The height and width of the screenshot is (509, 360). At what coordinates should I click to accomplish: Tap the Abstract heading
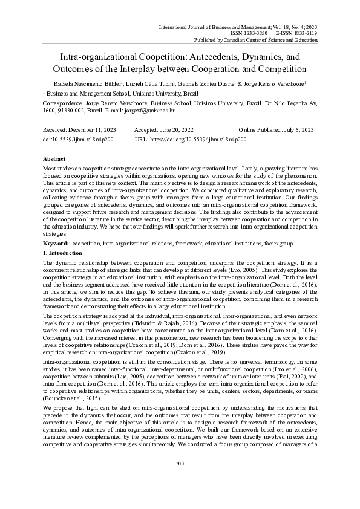coord(56,158)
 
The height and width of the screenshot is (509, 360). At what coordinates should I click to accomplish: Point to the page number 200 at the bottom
coord(180,481)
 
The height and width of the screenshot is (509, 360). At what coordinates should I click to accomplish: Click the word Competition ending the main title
coord(275,69)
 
